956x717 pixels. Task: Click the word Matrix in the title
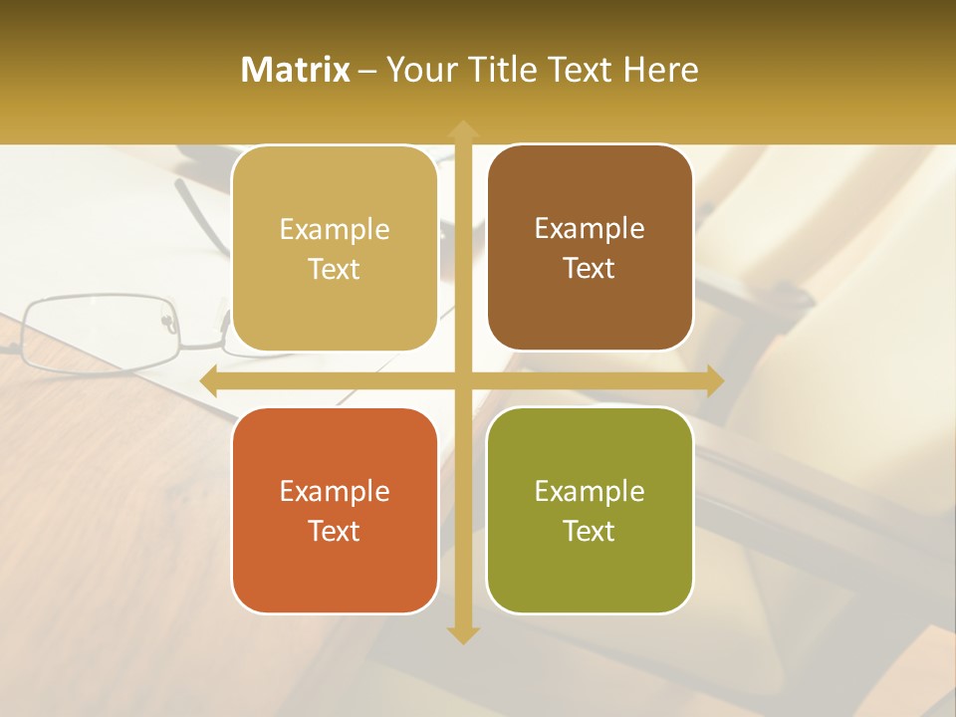point(296,70)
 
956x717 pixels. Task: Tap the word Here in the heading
point(660,70)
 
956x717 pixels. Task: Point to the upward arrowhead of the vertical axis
point(462,128)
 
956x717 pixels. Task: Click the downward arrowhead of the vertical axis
point(462,635)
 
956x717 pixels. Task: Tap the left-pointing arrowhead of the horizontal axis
point(209,381)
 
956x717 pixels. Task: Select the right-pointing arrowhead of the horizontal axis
point(715,381)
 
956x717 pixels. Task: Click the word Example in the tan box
point(335,229)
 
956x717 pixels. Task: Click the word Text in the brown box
point(590,269)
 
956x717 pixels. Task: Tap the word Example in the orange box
point(335,491)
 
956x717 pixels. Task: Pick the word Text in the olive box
point(590,531)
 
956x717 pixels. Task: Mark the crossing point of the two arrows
point(462,381)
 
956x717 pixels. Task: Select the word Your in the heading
point(419,70)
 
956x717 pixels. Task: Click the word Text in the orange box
point(335,531)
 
